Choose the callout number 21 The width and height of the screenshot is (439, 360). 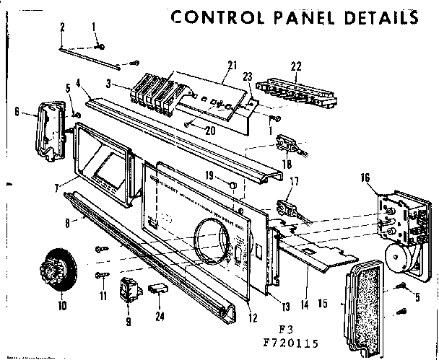click(231, 66)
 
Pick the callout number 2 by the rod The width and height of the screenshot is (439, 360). click(62, 27)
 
